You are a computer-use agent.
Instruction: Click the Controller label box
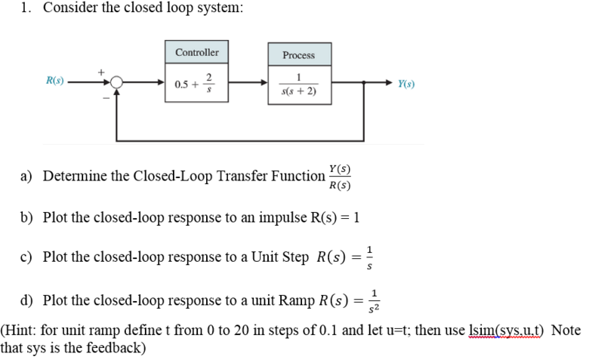tap(196, 52)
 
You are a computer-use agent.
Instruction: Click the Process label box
tap(298, 55)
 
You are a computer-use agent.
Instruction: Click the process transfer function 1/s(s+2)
tap(298, 85)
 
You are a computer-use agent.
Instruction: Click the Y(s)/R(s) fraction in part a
tap(339, 177)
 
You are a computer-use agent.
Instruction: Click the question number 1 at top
tap(25, 8)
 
